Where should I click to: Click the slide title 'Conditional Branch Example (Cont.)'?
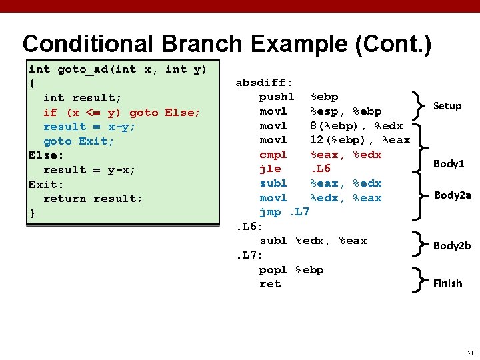[227, 44]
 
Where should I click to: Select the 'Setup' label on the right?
[447, 106]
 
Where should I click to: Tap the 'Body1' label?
[449, 163]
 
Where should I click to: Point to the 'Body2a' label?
[452, 195]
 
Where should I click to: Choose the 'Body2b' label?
[452, 245]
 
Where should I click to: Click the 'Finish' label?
[447, 283]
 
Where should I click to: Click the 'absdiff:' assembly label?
[264, 83]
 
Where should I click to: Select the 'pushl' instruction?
[276, 97]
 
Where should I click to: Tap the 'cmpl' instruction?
[273, 155]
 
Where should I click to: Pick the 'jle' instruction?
[269, 169]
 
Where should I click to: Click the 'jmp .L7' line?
[284, 212]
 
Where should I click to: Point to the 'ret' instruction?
[269, 284]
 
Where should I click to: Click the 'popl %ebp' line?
[291, 270]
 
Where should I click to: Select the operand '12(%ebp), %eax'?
[360, 140]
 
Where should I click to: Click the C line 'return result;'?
[93, 199]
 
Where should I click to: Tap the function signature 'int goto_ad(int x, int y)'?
[117, 69]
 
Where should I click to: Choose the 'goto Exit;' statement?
[79, 141]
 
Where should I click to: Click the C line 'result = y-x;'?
[89, 170]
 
